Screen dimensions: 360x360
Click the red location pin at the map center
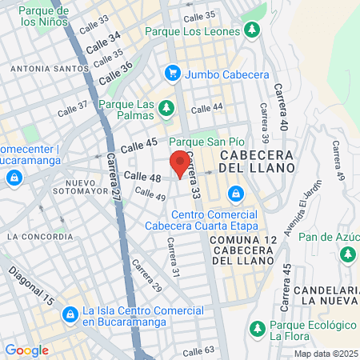coord(180,162)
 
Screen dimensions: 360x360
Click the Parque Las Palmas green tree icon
coord(166,106)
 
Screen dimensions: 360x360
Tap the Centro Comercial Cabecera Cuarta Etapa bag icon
coord(235,194)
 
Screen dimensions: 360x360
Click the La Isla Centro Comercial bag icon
coord(71,314)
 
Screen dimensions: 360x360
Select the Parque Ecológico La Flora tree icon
coord(257,328)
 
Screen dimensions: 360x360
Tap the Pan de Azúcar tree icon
coord(348,254)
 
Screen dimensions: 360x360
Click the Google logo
coord(26,350)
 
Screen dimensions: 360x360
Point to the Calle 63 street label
coord(198,350)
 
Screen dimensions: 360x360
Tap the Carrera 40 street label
coord(280,108)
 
